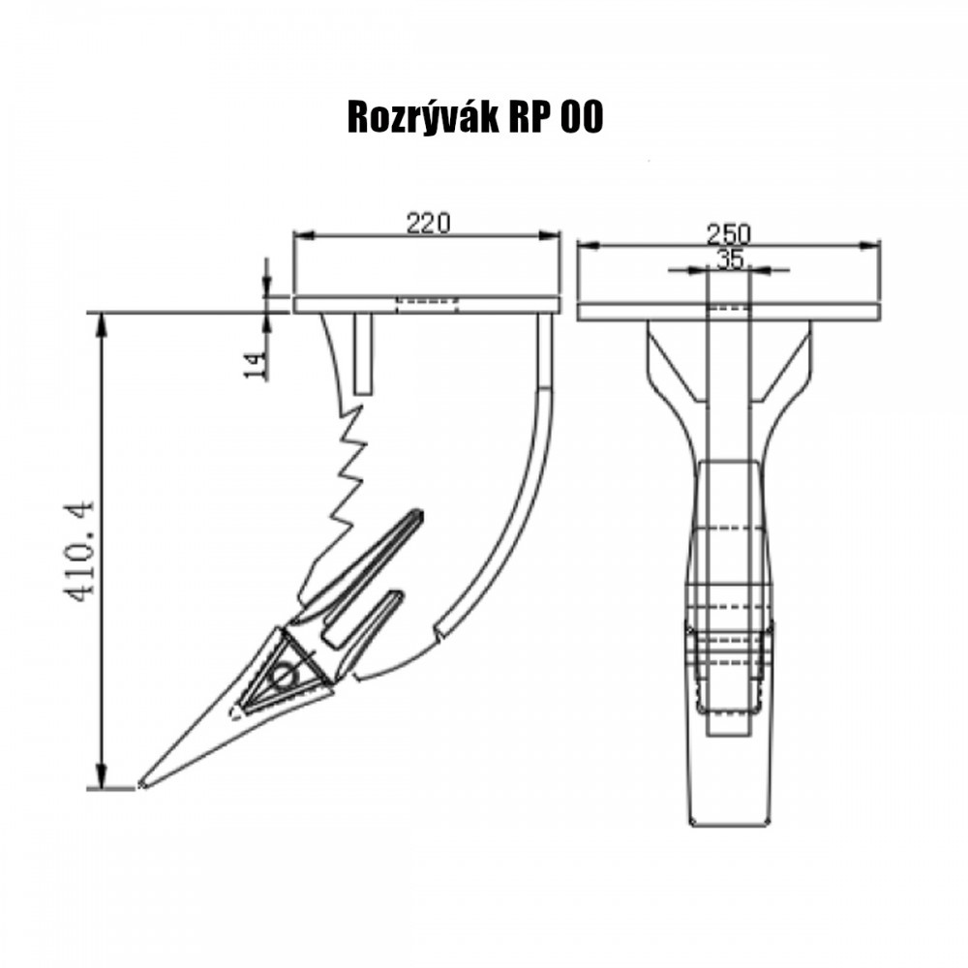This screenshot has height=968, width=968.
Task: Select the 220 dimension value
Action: click(428, 223)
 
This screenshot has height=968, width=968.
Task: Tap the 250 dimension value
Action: click(728, 233)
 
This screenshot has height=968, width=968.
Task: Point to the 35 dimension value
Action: click(729, 258)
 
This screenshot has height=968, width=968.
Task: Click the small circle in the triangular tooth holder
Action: click(284, 676)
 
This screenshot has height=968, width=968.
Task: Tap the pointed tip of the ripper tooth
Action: click(143, 783)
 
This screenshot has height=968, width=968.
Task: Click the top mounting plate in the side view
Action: click(426, 305)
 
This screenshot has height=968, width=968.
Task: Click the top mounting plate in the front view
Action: click(728, 312)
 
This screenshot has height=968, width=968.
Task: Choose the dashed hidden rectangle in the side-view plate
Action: click(426, 302)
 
